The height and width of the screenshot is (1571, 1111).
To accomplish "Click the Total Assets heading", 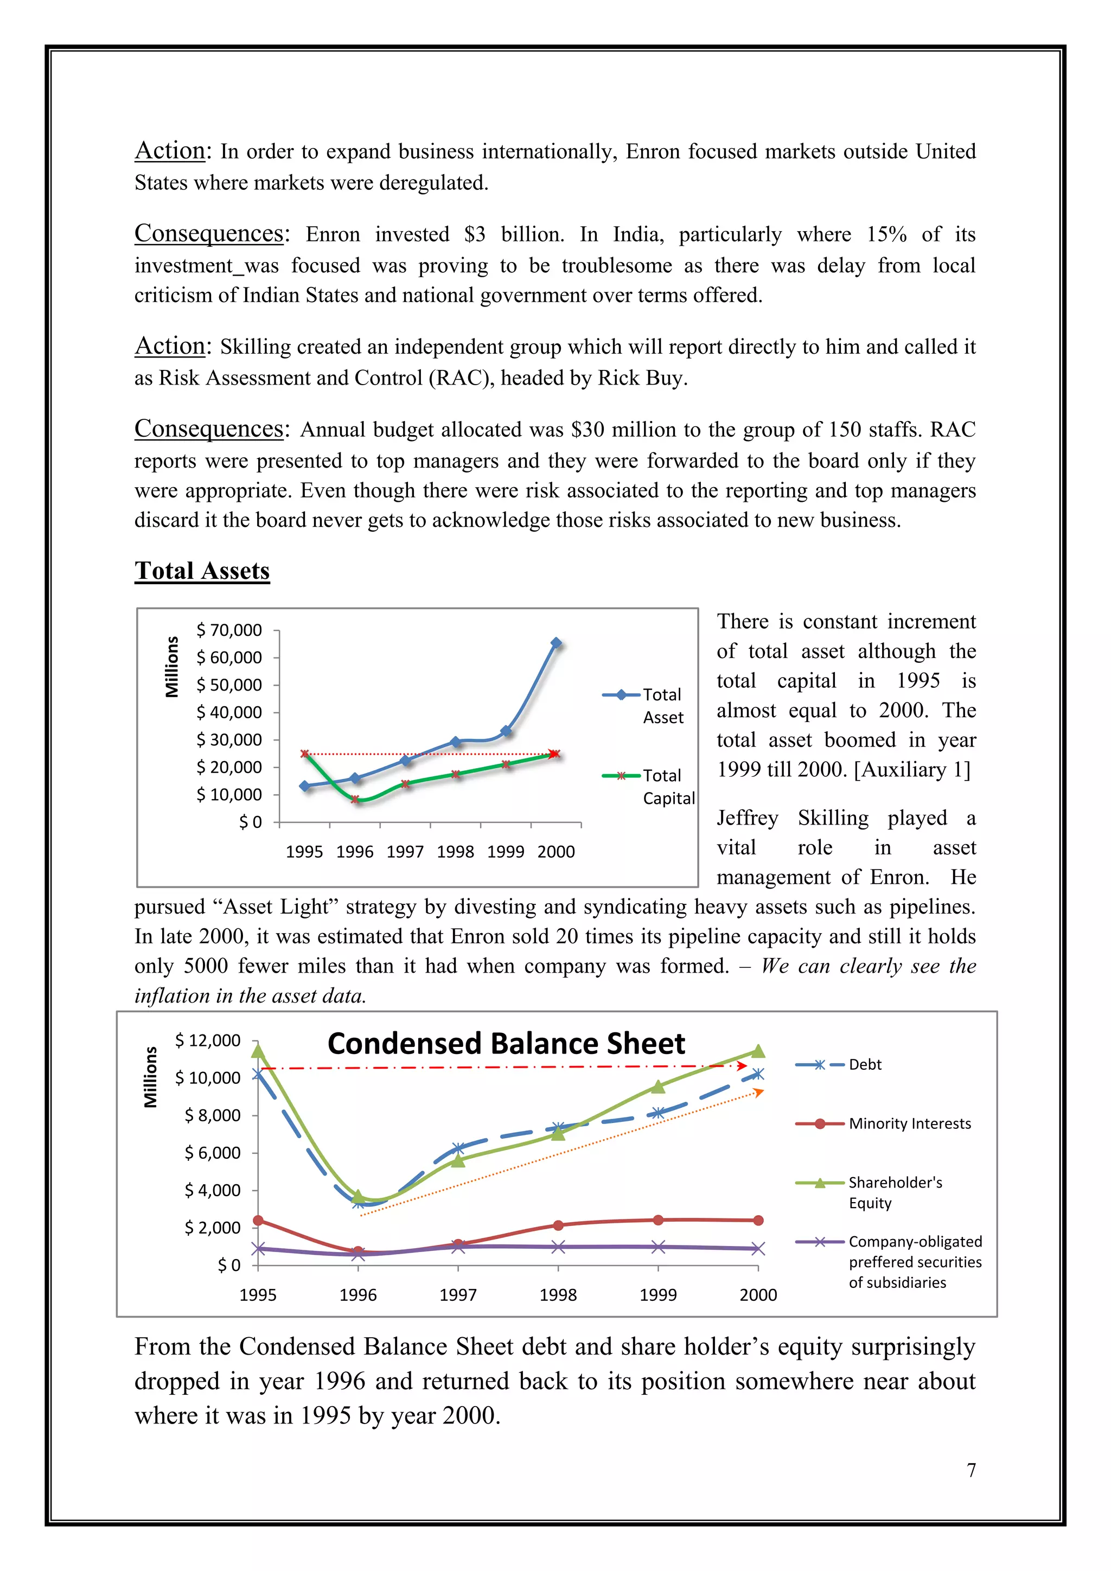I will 202,571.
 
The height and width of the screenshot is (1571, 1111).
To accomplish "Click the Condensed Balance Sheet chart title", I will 506,1044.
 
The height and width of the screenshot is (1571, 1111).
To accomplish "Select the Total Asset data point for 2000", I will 555,643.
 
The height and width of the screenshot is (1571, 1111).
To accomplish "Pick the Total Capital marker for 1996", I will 355,799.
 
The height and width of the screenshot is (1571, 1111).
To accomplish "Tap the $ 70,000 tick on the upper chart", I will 229,630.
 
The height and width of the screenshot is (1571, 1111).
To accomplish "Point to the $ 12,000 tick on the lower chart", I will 208,1040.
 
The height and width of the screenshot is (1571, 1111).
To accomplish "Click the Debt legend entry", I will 864,1065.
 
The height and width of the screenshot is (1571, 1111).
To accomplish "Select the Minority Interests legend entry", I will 909,1123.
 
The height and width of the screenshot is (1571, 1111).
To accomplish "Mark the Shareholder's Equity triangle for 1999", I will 657,1087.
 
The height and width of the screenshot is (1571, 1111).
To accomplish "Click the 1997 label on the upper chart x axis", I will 405,852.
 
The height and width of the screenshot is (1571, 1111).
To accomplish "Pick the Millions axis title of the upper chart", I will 172,667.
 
